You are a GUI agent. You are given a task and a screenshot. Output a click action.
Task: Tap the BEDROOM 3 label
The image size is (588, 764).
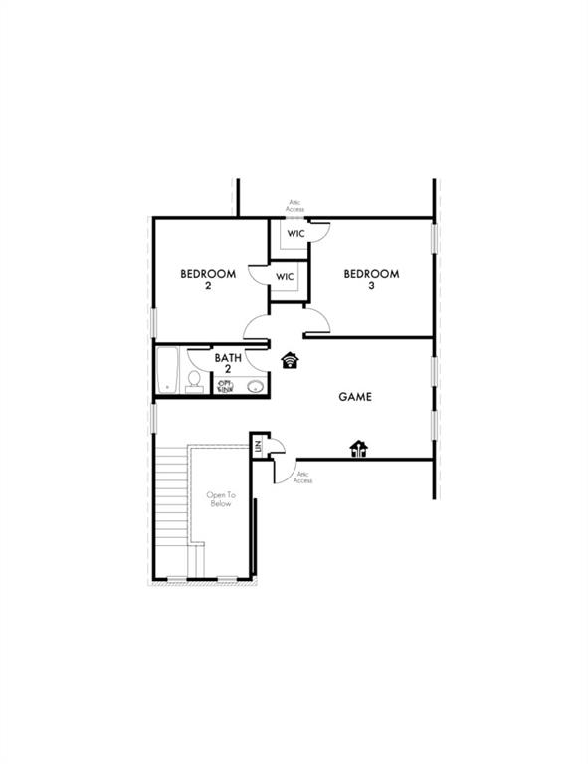371,280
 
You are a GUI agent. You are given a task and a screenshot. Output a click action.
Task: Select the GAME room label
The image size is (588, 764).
355,397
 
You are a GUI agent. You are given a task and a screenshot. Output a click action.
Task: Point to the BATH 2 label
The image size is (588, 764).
228,363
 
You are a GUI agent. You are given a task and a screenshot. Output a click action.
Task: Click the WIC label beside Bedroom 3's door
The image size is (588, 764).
296,234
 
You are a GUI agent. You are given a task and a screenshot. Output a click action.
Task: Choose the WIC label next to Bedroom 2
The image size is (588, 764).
285,276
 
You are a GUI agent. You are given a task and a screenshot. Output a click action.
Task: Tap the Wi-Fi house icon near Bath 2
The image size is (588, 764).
291,360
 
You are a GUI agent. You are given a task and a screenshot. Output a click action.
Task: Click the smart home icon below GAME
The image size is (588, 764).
359,450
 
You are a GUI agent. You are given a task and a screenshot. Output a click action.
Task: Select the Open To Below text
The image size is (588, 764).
220,499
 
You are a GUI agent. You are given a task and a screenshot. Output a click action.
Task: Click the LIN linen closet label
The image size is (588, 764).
257,447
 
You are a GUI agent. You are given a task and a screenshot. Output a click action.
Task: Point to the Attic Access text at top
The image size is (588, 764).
295,206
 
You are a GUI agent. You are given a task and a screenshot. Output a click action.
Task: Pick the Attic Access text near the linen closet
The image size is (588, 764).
304,478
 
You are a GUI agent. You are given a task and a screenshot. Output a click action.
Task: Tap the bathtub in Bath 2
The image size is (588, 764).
168,369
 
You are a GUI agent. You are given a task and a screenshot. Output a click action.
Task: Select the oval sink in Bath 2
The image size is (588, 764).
256,387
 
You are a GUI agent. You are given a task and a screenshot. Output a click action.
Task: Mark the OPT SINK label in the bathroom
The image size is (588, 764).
226,386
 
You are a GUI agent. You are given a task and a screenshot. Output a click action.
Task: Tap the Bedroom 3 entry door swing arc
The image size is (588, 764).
317,321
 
